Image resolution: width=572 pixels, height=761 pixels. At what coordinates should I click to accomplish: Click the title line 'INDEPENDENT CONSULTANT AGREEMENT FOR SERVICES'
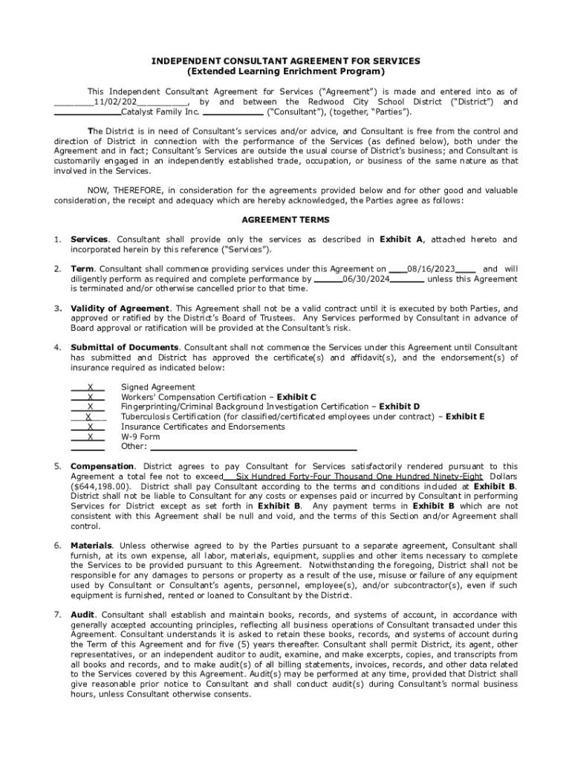[x=286, y=61]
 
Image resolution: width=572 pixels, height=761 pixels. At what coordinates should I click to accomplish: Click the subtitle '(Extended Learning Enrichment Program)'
[x=286, y=71]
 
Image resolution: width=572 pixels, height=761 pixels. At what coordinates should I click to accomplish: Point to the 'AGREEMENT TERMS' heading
[x=286, y=220]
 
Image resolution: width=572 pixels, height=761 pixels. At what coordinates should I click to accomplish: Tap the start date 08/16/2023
[x=431, y=269]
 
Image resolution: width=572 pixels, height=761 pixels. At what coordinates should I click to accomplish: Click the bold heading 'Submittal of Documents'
[x=124, y=348]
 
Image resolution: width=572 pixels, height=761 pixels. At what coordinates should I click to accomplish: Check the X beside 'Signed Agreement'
[x=90, y=387]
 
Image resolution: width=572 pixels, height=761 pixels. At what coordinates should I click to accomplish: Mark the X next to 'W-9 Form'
[x=90, y=437]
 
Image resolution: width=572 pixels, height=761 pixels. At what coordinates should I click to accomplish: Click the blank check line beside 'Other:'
[x=88, y=447]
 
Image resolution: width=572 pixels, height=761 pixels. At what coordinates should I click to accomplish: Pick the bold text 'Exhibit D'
[x=399, y=407]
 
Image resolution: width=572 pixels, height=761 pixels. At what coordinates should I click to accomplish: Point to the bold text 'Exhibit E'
[x=465, y=417]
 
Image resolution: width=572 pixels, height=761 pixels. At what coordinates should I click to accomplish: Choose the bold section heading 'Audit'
[x=83, y=615]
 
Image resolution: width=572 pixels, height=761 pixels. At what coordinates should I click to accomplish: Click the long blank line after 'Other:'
[x=253, y=447]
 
